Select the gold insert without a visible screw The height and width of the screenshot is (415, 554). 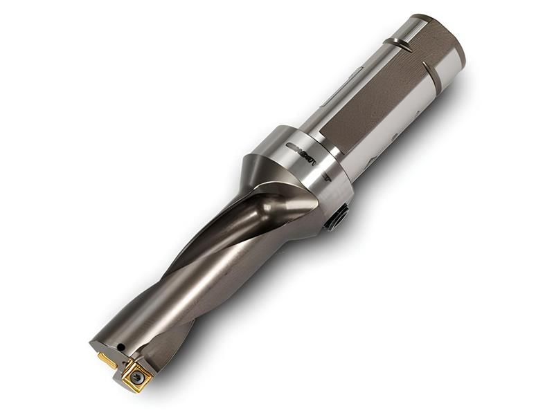(x=107, y=359)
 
